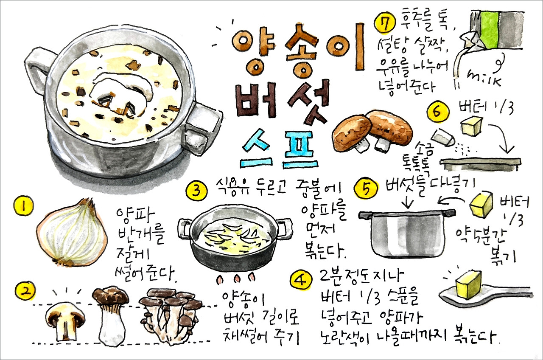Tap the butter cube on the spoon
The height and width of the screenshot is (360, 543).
[x=468, y=283]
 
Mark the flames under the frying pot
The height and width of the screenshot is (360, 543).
[x=236, y=278]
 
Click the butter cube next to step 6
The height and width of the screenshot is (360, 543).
[x=471, y=126]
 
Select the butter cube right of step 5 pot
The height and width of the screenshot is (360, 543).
[x=482, y=205]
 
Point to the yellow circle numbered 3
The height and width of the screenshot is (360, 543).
[x=196, y=191]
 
